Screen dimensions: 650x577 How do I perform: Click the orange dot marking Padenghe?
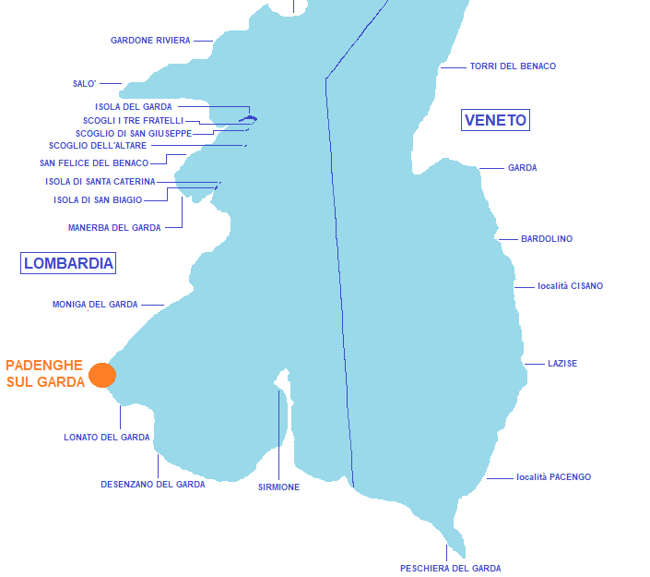point(102,375)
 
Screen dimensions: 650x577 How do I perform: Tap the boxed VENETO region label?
point(495,120)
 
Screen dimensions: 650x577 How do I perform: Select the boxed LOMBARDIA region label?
point(68,263)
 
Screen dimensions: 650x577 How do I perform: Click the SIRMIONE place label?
point(278,487)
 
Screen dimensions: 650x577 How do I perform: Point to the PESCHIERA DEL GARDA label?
point(450,568)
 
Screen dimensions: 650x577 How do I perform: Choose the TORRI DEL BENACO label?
point(513,66)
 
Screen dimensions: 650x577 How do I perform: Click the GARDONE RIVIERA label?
point(150,41)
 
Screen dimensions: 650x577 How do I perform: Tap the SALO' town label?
point(84,83)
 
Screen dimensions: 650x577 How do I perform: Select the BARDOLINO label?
point(547,239)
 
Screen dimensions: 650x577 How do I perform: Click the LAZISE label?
point(562,363)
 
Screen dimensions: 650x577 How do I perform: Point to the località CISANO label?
point(570,285)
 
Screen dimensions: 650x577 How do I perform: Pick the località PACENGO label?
point(553,477)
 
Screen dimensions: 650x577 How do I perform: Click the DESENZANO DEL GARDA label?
point(152,484)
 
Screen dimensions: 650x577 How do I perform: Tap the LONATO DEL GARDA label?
point(107,437)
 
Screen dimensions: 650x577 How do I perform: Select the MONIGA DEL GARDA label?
point(95,305)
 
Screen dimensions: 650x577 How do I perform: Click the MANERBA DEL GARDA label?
point(114,227)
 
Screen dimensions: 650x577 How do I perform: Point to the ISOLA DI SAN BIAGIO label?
point(98,199)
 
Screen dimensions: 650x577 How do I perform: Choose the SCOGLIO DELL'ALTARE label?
point(98,145)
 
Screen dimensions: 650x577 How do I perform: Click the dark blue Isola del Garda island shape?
point(248,119)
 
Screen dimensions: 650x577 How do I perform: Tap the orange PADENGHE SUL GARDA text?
point(45,374)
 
